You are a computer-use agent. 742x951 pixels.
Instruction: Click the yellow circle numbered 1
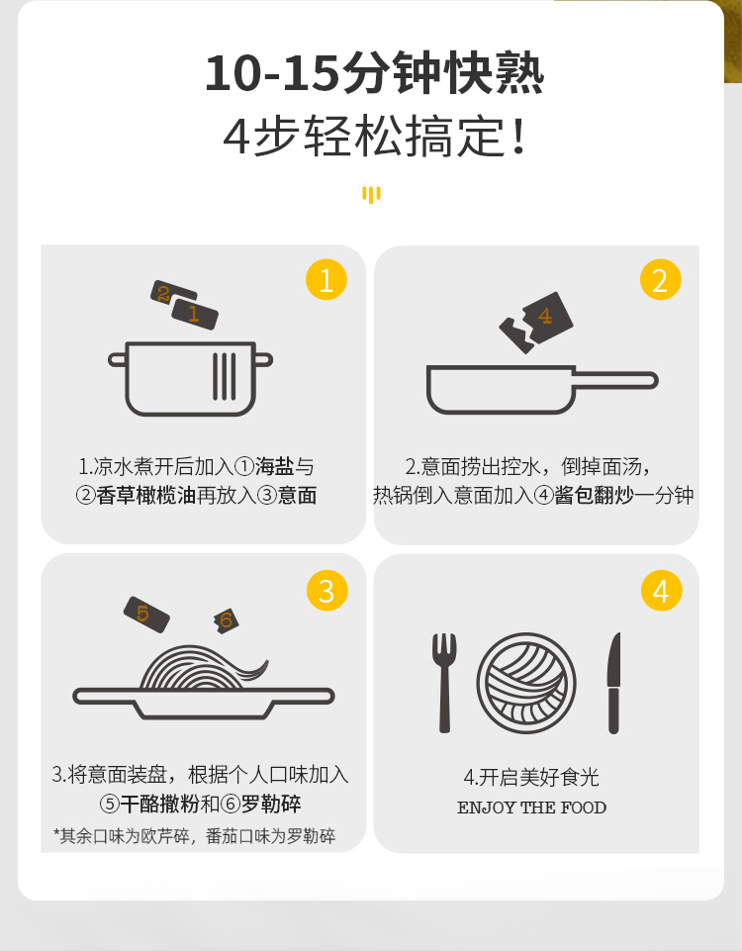click(326, 280)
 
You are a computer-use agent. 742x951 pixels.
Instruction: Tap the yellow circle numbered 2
click(661, 280)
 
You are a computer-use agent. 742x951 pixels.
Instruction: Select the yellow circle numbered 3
click(327, 590)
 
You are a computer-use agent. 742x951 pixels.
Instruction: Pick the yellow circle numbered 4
click(662, 590)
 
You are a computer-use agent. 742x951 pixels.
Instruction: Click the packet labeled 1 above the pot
click(195, 314)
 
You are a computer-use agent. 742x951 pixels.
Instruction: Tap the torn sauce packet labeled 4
click(536, 322)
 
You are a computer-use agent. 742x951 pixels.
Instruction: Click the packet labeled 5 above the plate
click(146, 615)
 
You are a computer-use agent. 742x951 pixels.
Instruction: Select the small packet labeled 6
click(227, 620)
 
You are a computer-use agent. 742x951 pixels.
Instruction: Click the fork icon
click(444, 682)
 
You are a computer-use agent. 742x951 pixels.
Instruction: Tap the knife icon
click(614, 682)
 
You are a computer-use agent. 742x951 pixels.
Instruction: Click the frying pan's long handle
click(615, 380)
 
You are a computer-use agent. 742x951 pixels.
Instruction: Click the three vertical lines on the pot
click(225, 376)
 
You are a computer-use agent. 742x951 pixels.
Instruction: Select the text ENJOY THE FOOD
click(531, 808)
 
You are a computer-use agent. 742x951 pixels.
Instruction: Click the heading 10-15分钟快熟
click(375, 74)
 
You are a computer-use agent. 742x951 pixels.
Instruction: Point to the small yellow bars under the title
click(371, 195)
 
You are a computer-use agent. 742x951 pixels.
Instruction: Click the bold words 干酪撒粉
click(160, 805)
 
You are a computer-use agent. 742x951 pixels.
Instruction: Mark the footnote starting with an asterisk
click(195, 836)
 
